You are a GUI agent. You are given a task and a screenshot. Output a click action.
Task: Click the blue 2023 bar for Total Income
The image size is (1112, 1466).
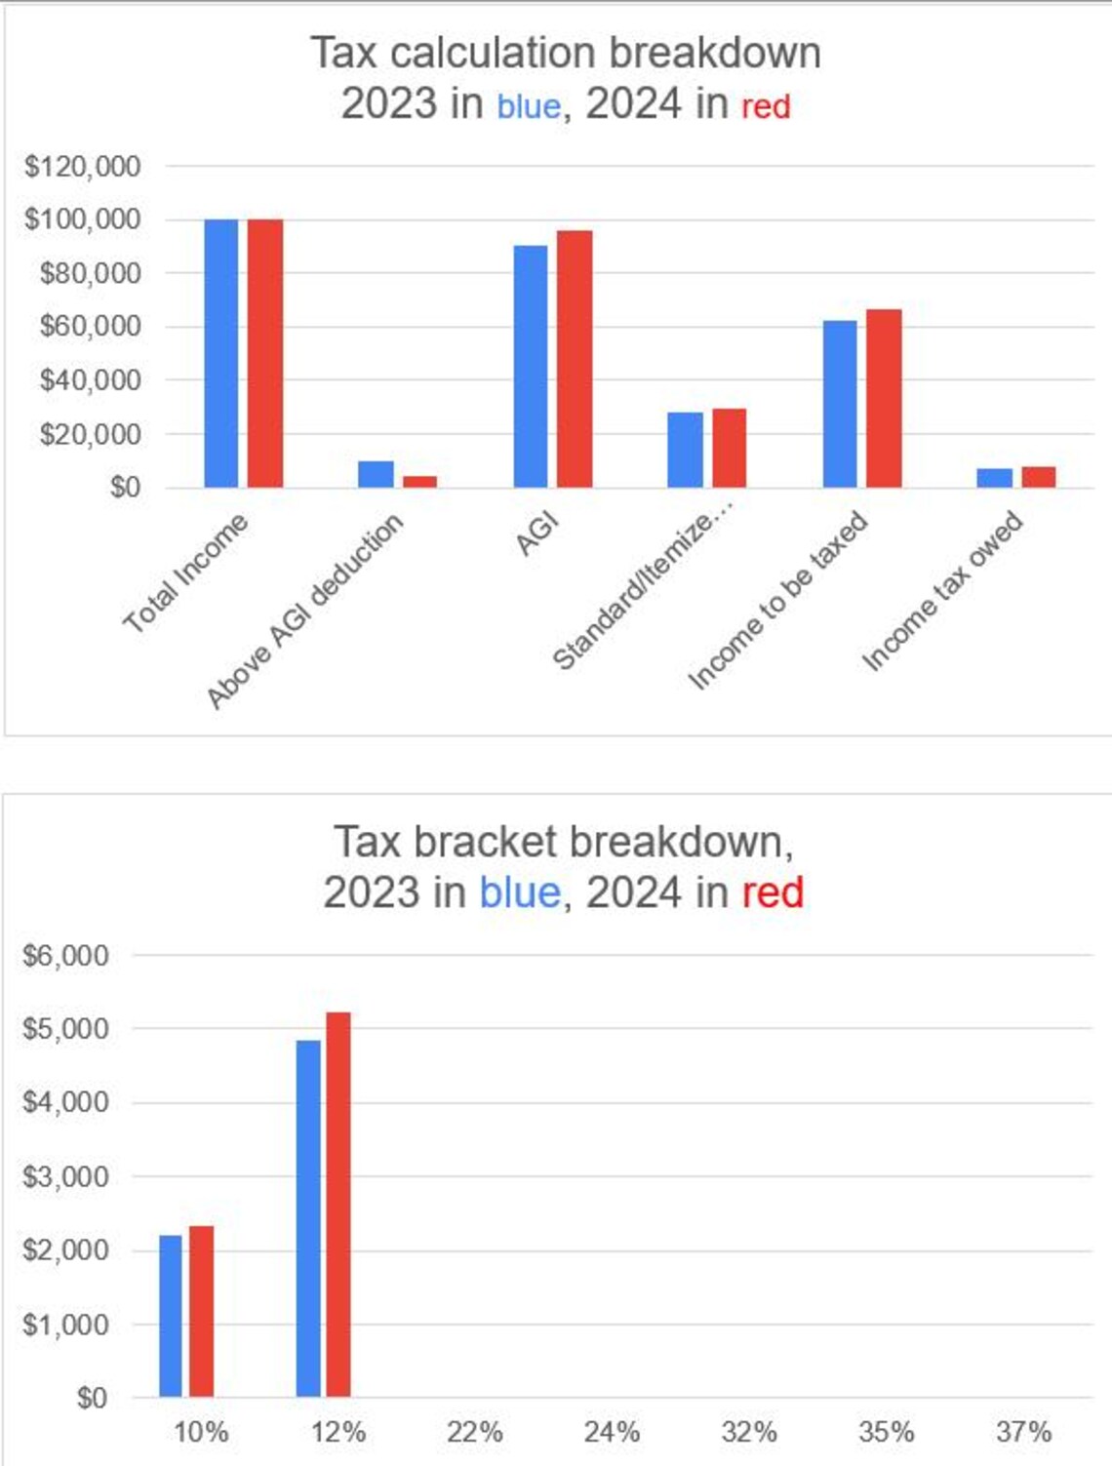(221, 353)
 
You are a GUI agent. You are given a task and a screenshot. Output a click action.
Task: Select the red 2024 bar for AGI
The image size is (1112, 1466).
(575, 359)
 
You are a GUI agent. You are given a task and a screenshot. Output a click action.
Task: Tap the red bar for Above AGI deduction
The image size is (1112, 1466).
(419, 481)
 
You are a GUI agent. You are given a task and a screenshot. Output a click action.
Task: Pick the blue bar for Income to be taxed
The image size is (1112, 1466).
(840, 404)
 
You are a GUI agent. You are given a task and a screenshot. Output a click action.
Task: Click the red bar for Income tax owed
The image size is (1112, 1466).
(1038, 477)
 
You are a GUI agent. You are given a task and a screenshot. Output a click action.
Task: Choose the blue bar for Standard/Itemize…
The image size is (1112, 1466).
(685, 450)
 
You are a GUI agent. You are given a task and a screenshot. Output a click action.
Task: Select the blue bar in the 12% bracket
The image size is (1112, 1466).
(308, 1218)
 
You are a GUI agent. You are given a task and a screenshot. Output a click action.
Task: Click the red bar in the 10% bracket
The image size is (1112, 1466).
(201, 1311)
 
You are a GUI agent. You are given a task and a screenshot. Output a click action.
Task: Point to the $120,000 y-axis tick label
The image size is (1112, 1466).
(83, 167)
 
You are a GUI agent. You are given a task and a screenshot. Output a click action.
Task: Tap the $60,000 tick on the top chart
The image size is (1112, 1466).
(90, 326)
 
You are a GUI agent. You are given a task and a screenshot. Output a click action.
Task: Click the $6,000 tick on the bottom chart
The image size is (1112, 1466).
(65, 955)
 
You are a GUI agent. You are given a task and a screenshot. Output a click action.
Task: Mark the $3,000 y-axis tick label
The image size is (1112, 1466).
(65, 1176)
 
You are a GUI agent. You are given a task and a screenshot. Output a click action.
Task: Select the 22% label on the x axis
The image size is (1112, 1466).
(475, 1432)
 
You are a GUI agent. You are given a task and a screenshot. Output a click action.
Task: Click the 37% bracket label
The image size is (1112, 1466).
(1023, 1432)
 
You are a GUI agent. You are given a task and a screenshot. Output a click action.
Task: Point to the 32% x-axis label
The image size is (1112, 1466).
(749, 1432)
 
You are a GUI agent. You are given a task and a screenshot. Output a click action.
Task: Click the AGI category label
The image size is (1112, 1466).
(537, 534)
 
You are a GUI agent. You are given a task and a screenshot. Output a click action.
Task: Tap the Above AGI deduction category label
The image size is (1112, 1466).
(304, 611)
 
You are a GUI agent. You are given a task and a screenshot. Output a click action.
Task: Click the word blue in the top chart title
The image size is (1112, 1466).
(529, 105)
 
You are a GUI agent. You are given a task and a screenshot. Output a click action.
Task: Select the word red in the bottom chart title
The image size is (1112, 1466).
(773, 891)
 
